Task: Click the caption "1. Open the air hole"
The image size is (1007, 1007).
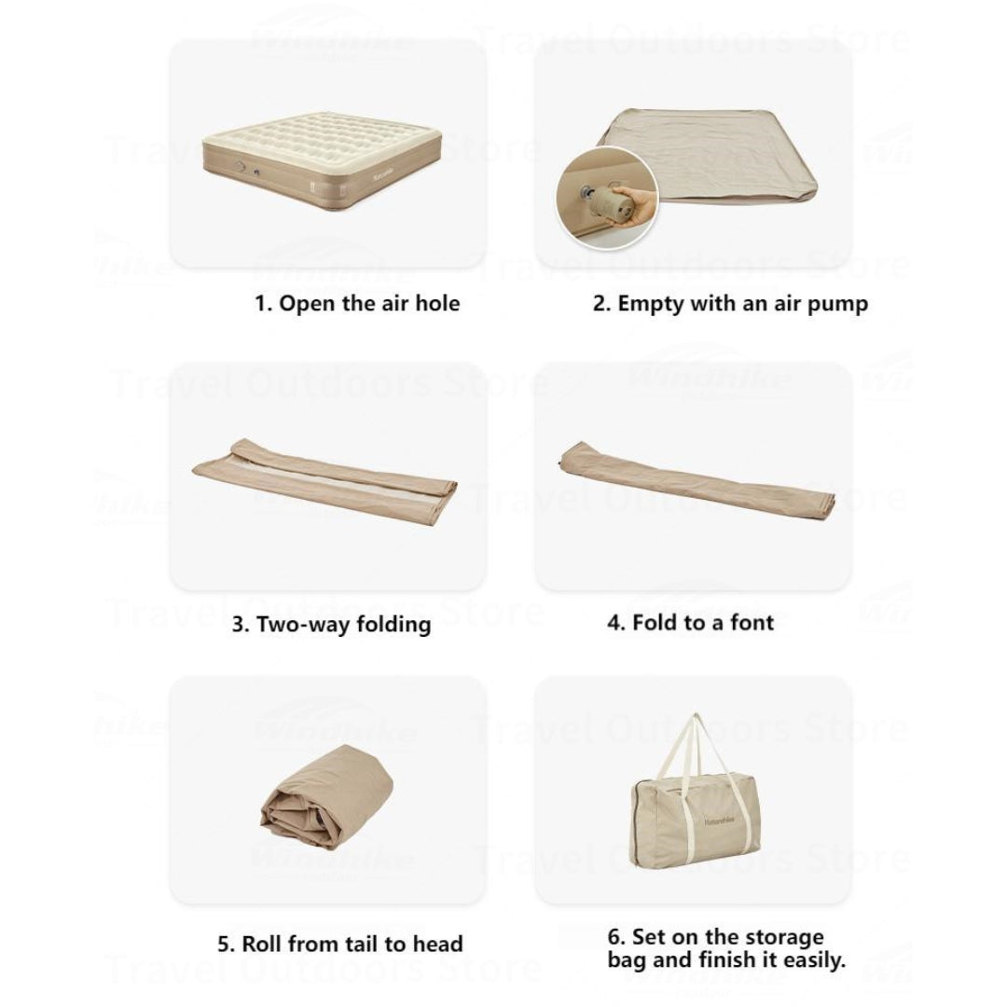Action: point(357,303)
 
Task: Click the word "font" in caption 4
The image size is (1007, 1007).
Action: point(752,622)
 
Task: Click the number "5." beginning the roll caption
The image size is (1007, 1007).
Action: point(227,944)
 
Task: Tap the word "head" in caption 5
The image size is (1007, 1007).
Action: point(438,944)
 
